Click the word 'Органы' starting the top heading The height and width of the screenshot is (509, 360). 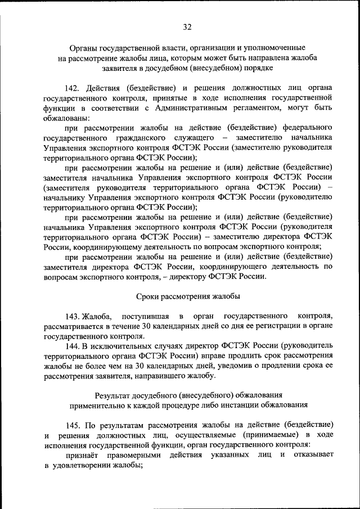82,48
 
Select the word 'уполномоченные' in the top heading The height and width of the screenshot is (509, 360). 273,48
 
